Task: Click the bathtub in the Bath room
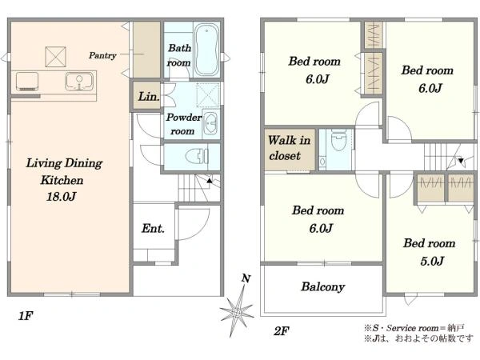[206, 50]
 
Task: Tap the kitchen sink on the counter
[79, 81]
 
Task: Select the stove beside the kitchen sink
[27, 81]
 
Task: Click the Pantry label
[102, 55]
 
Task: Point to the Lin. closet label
[149, 97]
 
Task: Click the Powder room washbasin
[210, 123]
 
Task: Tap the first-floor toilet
[197, 156]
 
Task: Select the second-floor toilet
[338, 139]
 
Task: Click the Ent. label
[153, 228]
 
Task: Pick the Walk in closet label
[289, 148]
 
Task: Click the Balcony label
[323, 287]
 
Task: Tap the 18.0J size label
[61, 196]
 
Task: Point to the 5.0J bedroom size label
[432, 261]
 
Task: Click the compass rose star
[237, 312]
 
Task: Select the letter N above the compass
[246, 278]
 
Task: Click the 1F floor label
[26, 316]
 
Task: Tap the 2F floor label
[282, 331]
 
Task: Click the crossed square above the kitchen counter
[55, 57]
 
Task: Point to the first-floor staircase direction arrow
[210, 181]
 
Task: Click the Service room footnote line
[414, 328]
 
